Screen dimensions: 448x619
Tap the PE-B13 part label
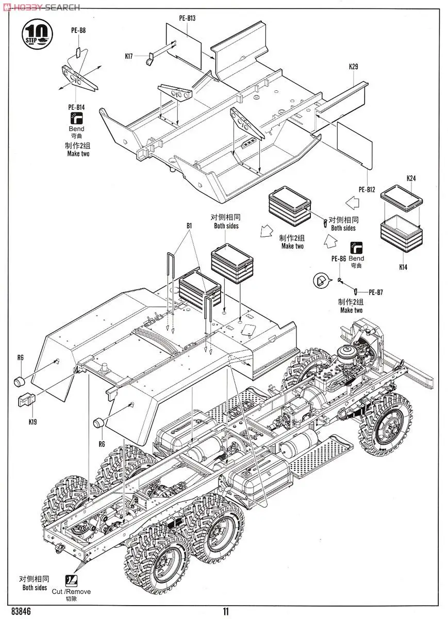(187, 18)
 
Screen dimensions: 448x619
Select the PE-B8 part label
(78, 30)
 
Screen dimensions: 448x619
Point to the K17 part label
(129, 56)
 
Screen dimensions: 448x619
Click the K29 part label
(353, 67)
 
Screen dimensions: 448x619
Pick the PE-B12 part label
(367, 190)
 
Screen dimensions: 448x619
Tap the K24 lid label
(411, 178)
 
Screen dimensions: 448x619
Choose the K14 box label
(403, 267)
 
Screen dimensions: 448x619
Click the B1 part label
(189, 226)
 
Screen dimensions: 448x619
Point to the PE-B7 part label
(376, 292)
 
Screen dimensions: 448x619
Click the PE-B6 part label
(339, 258)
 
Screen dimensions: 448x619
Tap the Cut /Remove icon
(72, 574)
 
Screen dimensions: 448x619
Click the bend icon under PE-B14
(76, 118)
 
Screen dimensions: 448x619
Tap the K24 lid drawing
(402, 196)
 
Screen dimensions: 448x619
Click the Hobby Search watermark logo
(41, 7)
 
